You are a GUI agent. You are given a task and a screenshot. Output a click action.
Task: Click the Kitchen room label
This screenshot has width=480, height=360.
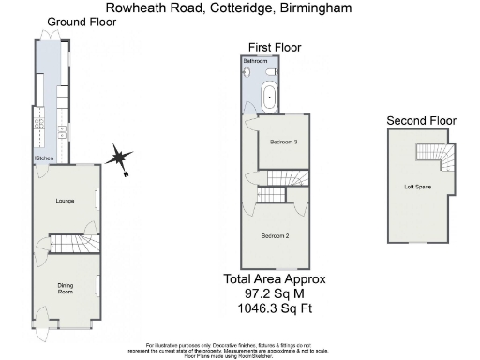pyautogui.click(x=44, y=159)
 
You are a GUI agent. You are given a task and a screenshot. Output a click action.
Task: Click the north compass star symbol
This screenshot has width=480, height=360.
pyautogui.click(x=120, y=158)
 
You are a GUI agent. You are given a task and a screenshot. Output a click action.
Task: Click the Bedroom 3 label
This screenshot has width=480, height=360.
pyautogui.click(x=283, y=142)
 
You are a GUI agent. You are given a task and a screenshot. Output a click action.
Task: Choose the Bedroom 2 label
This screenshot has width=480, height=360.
pyautogui.click(x=276, y=234)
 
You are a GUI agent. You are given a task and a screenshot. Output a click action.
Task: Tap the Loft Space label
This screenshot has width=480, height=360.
pyautogui.click(x=417, y=187)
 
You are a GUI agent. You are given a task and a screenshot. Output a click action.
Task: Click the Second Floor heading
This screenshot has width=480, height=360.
pyautogui.click(x=420, y=120)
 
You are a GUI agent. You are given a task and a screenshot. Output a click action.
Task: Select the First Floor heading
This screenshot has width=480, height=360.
pyautogui.click(x=274, y=47)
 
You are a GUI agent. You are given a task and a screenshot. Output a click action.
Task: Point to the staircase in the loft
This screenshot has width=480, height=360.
pyautogui.click(x=434, y=155)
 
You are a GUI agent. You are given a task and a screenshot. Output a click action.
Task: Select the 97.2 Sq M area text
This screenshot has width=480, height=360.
pyautogui.click(x=275, y=293)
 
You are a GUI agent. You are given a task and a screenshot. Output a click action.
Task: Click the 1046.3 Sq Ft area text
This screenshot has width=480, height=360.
pyautogui.click(x=275, y=307)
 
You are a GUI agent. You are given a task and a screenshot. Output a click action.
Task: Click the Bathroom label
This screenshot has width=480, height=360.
pyautogui.click(x=255, y=61)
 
